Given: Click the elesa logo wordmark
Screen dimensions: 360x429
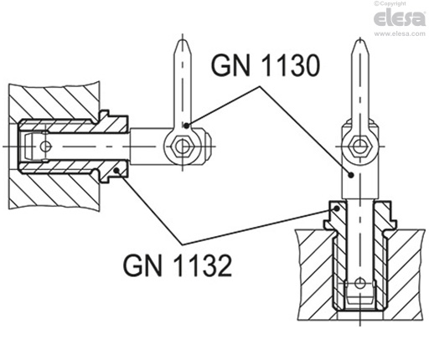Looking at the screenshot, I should click(399, 19).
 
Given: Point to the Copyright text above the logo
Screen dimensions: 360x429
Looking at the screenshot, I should click(408, 4).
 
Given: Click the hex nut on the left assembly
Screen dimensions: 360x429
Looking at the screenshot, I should click(180, 147).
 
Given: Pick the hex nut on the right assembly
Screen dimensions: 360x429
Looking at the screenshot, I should click(361, 147).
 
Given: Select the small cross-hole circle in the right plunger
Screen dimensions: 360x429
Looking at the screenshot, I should click(361, 282).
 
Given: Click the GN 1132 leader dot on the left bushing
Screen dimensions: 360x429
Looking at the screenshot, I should click(117, 173).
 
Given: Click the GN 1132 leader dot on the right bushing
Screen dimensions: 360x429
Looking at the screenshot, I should click(335, 207).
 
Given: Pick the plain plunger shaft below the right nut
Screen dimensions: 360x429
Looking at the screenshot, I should click(361, 180).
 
